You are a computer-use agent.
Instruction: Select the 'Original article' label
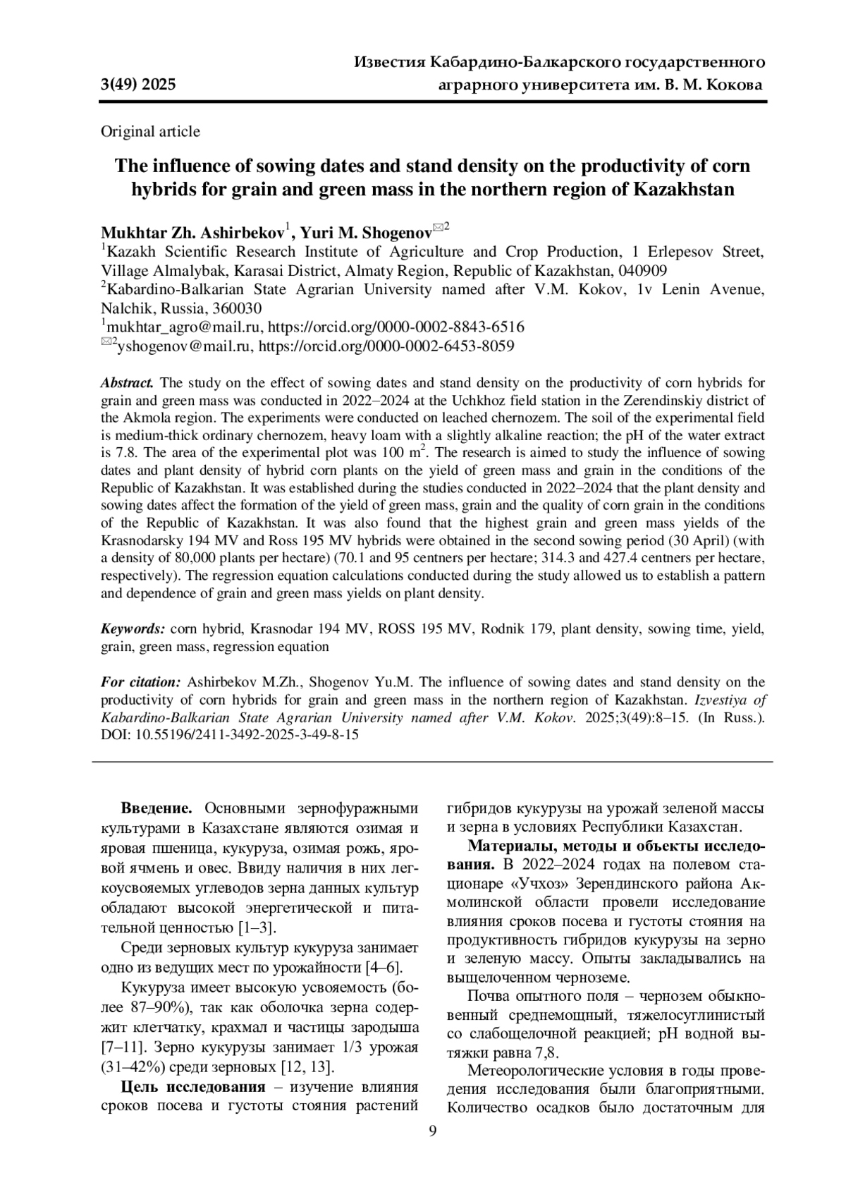point(150,131)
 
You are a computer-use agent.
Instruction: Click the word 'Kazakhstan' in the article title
point(685,189)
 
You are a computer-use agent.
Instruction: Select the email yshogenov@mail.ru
point(185,346)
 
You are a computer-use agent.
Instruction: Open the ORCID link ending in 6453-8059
point(386,346)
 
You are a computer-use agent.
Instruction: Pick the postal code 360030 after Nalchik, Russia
point(237,308)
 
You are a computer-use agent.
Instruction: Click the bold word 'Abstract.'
point(127,383)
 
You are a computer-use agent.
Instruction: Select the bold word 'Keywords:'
point(133,628)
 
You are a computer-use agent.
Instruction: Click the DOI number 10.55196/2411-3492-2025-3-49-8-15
point(247,734)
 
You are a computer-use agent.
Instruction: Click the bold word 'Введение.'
point(157,808)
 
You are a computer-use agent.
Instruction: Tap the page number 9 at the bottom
point(433,1131)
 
